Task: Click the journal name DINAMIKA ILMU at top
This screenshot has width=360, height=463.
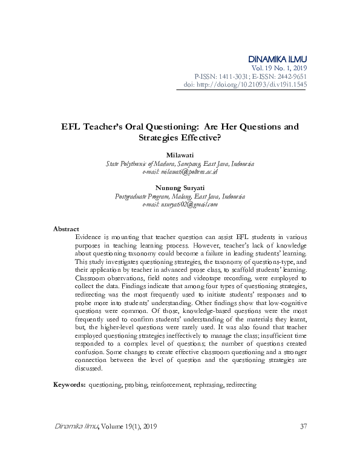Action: coord(278,58)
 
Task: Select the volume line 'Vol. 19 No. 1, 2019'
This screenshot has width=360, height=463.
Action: coord(280,68)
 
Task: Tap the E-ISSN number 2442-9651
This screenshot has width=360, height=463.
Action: coord(289,76)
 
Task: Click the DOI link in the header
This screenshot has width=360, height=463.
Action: coord(254,85)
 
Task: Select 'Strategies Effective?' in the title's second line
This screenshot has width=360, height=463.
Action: coord(180,137)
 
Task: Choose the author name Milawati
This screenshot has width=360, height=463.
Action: coord(180,156)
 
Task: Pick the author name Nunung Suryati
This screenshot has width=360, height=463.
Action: coord(180,188)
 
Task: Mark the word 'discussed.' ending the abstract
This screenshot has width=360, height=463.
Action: coord(88,368)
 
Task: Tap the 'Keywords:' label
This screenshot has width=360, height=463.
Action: coord(69,384)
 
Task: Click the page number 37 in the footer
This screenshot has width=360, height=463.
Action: coord(304,427)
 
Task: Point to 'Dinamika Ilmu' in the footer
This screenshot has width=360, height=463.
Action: coord(73,427)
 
